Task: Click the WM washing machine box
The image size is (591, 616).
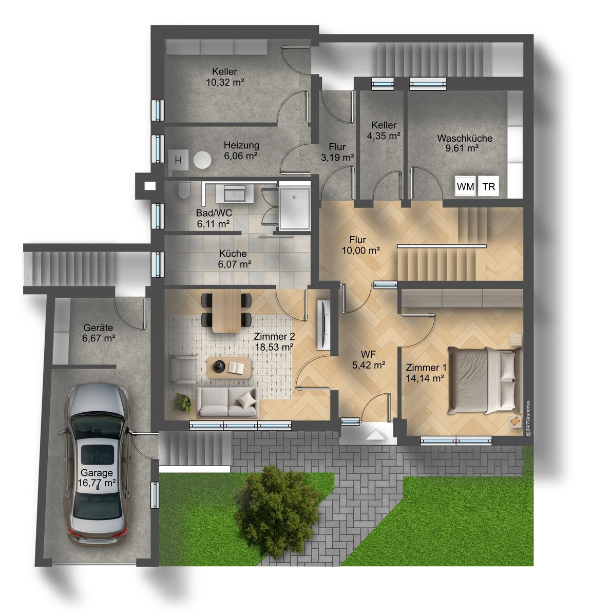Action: [x=466, y=186]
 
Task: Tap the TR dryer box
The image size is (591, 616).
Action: [x=489, y=186]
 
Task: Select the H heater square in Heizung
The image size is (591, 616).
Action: [x=178, y=160]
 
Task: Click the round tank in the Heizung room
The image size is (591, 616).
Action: [x=202, y=160]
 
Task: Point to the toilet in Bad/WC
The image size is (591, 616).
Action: [x=184, y=190]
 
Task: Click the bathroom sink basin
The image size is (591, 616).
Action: [x=235, y=194]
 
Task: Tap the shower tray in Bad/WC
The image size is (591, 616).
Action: [x=294, y=208]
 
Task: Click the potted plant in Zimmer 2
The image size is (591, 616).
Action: [x=183, y=403]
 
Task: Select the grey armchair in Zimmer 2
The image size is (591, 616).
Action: [x=183, y=370]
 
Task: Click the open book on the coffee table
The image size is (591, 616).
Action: [x=236, y=368]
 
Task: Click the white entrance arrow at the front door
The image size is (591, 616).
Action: [x=376, y=435]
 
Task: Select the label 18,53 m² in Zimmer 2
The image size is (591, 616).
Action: [x=274, y=347]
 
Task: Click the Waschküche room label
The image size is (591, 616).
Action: [x=465, y=138]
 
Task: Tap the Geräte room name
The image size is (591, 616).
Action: [x=98, y=328]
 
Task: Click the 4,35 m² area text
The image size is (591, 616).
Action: [x=384, y=136]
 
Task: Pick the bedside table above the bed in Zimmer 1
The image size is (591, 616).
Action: [x=516, y=340]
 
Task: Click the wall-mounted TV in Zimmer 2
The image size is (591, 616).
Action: [x=323, y=324]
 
